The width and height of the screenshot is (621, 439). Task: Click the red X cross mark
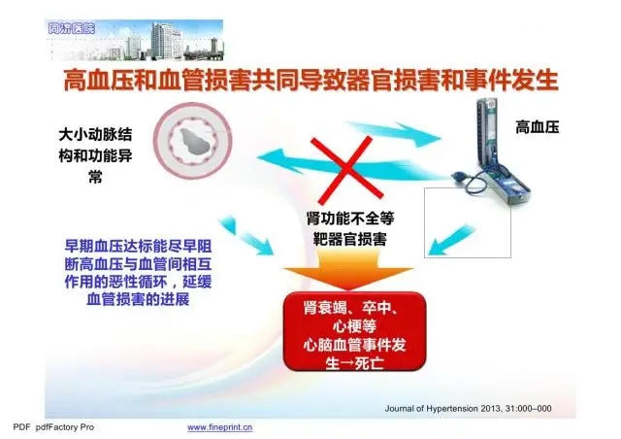click(x=347, y=169)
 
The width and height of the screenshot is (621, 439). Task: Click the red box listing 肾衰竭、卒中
click(x=354, y=331)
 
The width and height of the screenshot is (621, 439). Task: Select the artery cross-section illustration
click(x=192, y=142)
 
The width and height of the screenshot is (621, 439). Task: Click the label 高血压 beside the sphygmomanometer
click(x=537, y=127)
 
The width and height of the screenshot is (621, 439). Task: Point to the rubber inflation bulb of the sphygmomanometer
click(x=461, y=176)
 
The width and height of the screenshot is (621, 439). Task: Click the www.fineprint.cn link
click(x=219, y=427)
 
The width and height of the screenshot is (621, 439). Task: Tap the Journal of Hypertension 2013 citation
click(x=468, y=409)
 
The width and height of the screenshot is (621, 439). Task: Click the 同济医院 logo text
click(x=71, y=28)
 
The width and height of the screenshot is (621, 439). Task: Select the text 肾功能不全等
click(x=350, y=219)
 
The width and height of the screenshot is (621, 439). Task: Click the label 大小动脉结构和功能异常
click(x=95, y=155)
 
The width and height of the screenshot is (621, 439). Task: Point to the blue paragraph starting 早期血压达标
click(x=138, y=273)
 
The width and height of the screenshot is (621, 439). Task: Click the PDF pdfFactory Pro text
click(x=53, y=427)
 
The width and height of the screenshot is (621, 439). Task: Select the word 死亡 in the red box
click(x=369, y=363)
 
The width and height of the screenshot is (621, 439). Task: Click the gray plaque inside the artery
click(x=194, y=141)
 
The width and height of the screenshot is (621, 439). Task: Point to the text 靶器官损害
click(x=350, y=239)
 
